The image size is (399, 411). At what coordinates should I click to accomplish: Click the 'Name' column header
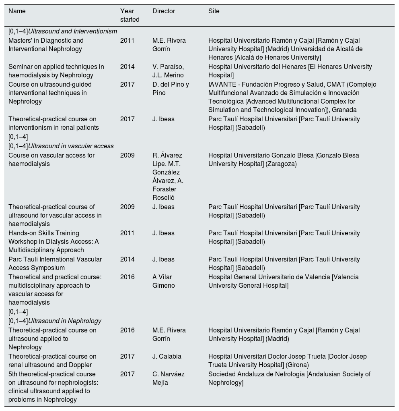click(17, 11)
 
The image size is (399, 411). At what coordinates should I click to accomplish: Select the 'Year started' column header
click(130, 15)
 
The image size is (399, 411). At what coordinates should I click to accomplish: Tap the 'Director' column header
click(163, 11)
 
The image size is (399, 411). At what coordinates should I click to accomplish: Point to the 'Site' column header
click(214, 11)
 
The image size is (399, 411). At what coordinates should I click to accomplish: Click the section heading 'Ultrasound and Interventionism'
click(72, 31)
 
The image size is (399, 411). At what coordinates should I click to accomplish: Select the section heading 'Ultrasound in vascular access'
click(71, 146)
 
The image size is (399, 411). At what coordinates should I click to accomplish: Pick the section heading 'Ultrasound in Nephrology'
click(64, 321)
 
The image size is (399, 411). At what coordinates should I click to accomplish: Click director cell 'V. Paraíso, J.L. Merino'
click(168, 71)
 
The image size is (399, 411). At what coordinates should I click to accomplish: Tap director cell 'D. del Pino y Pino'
click(171, 89)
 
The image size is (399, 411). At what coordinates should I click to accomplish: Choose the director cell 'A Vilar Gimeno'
click(164, 281)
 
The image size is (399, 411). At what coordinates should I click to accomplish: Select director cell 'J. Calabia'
click(167, 357)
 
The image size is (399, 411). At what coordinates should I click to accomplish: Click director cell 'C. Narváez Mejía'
click(168, 378)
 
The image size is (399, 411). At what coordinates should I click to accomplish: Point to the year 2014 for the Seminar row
click(127, 67)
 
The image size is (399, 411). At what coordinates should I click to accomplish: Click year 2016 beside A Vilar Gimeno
click(127, 277)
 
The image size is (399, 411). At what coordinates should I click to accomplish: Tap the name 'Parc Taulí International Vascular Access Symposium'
click(55, 264)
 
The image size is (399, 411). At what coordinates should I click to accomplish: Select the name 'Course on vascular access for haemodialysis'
click(51, 160)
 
